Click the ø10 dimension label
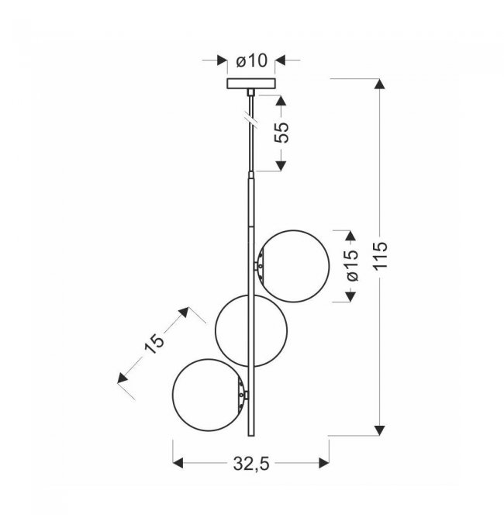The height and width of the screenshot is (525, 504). (252, 61)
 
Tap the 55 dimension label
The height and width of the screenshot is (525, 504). (281, 133)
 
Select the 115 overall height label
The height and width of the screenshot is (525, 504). (381, 255)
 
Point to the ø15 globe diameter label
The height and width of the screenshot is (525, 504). (351, 265)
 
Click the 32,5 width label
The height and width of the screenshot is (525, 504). (251, 464)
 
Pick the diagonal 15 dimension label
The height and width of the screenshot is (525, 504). (154, 344)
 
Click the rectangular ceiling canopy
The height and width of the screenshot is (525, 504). (251, 84)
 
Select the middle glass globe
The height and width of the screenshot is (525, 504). (216, 330)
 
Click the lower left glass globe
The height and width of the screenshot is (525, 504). (172, 395)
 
